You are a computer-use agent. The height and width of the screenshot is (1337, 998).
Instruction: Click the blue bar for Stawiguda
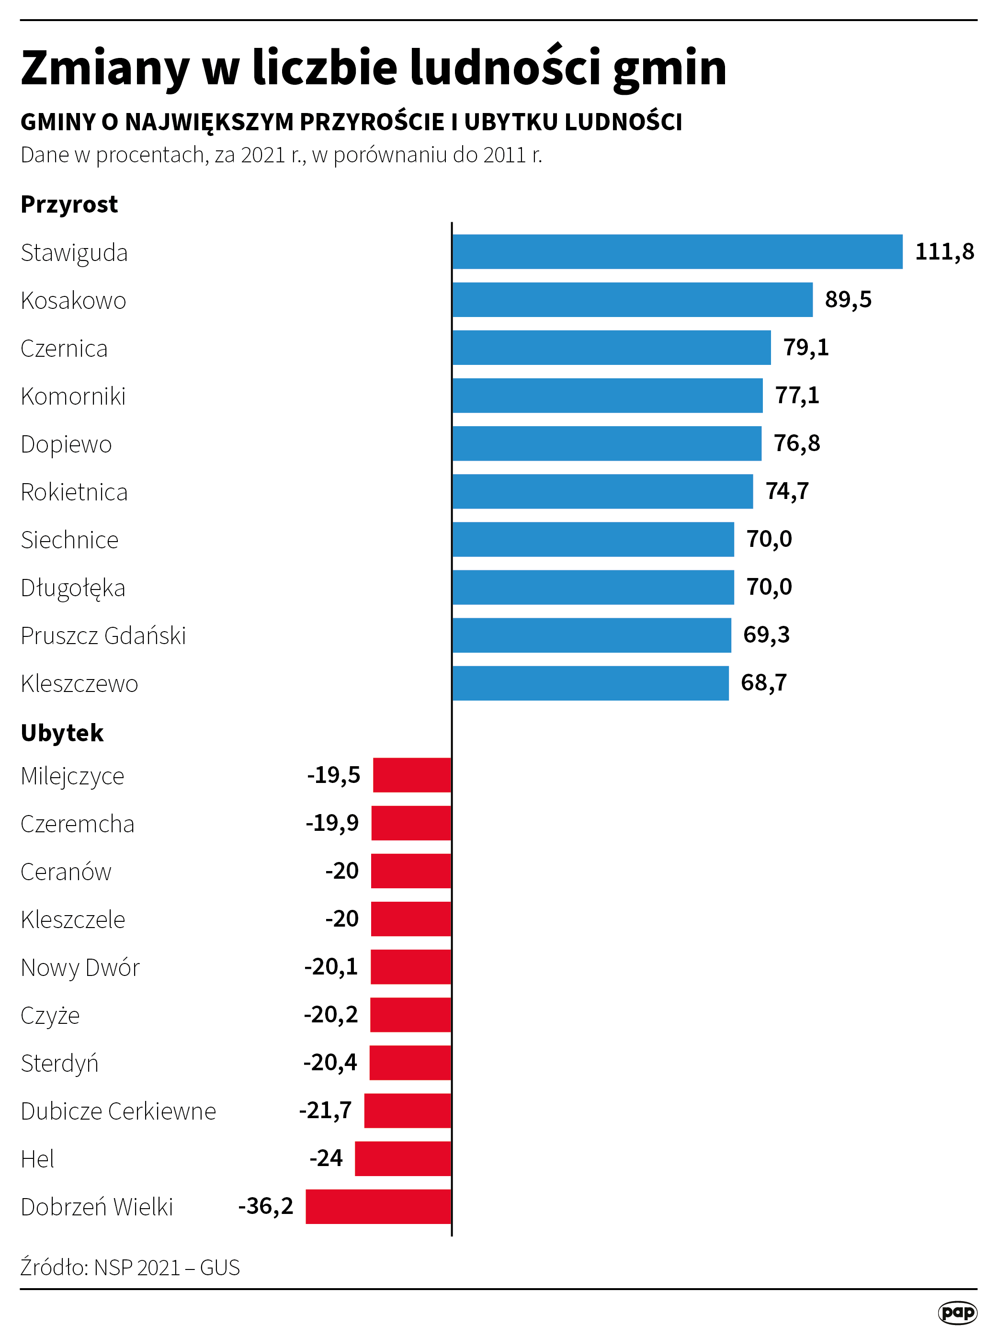pos(677,251)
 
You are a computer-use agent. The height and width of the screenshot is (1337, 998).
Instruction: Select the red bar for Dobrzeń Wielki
pos(378,1206)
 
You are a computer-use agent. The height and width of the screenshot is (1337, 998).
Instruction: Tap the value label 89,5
pos(848,300)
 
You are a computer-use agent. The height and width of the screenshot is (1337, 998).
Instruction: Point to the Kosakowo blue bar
pos(632,300)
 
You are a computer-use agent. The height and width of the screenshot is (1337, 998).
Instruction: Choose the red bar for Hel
pos(403,1158)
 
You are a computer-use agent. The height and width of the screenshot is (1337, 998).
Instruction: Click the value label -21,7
pos(325,1110)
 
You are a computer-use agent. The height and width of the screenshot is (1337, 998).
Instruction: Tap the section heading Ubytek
pos(62,733)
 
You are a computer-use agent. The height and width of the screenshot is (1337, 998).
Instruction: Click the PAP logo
pos(957,1312)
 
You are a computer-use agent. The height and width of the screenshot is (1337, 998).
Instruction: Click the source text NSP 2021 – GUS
pos(167,1268)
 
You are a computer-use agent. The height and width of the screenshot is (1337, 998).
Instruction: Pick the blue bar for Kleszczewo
pos(590,683)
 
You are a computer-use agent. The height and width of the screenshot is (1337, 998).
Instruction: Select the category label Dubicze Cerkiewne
pos(118,1111)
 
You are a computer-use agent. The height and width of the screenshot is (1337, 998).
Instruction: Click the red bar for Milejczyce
pos(412,775)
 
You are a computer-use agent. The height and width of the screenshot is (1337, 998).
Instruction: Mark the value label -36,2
pos(266,1206)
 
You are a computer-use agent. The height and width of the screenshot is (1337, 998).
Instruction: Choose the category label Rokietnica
pos(74,492)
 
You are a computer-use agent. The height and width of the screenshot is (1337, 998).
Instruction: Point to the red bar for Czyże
pos(411,1015)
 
